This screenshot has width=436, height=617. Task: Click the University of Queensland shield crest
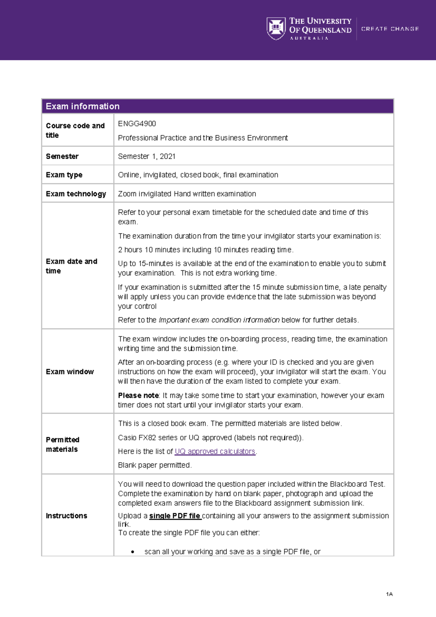click(x=276, y=28)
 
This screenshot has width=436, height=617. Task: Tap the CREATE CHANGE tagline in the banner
click(x=390, y=29)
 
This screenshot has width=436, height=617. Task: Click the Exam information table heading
click(x=82, y=106)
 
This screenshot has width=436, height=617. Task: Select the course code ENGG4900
click(x=137, y=124)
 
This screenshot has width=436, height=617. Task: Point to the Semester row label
click(x=62, y=156)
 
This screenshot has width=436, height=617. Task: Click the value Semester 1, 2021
click(x=147, y=156)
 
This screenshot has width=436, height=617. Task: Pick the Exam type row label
click(x=64, y=175)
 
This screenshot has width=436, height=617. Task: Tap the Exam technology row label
click(x=76, y=194)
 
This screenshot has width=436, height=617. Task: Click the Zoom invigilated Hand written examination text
click(x=187, y=194)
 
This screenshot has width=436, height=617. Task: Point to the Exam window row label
click(x=70, y=372)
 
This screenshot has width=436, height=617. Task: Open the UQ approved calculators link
click(x=215, y=451)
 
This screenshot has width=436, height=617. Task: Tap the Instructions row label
click(x=66, y=516)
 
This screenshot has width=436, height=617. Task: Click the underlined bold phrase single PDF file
click(x=175, y=516)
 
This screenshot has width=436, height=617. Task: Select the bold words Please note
click(x=138, y=395)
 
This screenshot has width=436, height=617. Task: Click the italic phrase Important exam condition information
click(x=219, y=320)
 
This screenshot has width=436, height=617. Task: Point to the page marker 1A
click(x=389, y=594)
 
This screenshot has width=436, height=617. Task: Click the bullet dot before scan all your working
click(x=133, y=552)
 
